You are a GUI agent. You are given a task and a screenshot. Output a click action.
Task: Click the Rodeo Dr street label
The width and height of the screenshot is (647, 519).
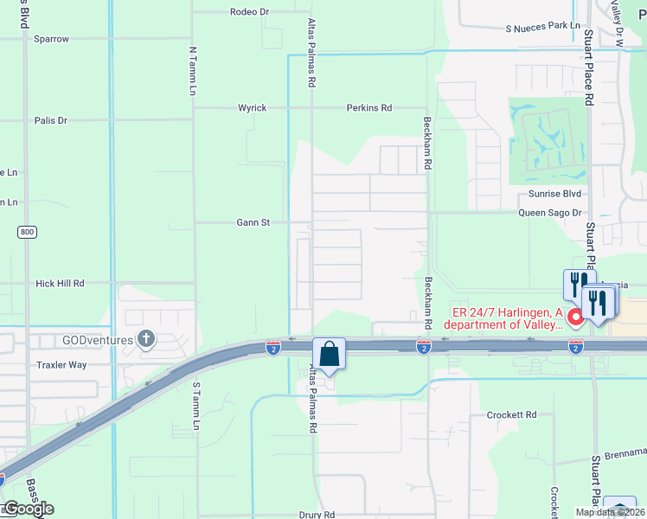click(x=250, y=12)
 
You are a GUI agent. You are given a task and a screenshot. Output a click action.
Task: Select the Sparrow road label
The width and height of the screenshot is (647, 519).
click(x=51, y=39)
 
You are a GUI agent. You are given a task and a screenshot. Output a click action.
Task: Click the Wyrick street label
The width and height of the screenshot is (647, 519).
click(x=253, y=108)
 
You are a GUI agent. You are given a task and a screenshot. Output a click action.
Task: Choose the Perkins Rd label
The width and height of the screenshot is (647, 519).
click(x=369, y=108)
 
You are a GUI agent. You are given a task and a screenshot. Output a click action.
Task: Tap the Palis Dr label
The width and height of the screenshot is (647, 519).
click(x=51, y=120)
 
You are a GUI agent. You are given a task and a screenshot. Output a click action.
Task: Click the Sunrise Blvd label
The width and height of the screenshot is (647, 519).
click(x=548, y=194)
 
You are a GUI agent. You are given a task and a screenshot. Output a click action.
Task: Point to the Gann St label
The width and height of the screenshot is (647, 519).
click(x=253, y=222)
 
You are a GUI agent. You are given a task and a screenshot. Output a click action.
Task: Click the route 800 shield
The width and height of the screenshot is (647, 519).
click(x=27, y=232)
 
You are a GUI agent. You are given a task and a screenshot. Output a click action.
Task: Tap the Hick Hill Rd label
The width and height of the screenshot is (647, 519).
click(x=60, y=283)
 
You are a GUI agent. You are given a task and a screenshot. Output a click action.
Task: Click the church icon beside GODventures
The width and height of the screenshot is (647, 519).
click(x=146, y=339)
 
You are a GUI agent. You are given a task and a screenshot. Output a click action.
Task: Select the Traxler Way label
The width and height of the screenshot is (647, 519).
click(x=61, y=365)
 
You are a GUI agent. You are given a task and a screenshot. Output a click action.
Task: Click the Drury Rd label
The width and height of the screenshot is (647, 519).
click(x=317, y=515)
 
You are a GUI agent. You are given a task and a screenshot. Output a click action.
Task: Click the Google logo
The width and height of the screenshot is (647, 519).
click(x=28, y=509)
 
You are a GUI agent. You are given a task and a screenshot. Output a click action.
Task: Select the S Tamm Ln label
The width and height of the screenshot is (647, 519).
click(x=196, y=407)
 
